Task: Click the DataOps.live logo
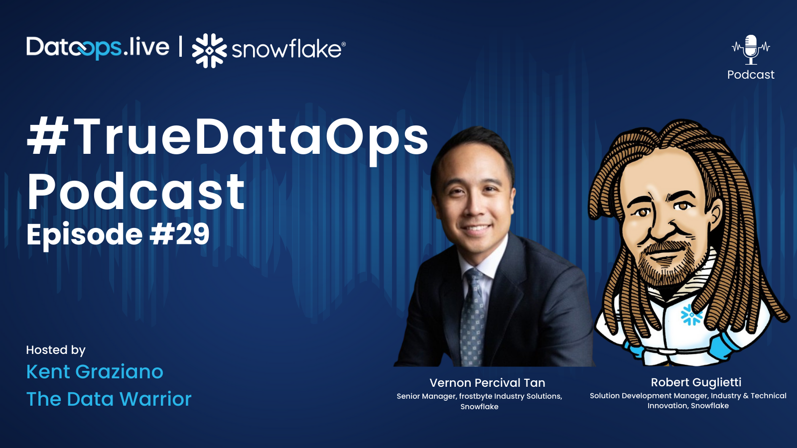98,48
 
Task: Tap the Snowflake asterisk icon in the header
209,50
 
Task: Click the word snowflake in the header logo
287,49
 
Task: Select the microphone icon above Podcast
751,49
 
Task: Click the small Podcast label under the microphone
751,75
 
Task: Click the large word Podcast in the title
136,192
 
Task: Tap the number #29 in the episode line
180,234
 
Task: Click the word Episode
84,235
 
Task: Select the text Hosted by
56,350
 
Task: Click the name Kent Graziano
95,372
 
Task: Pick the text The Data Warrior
109,399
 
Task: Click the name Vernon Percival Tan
487,383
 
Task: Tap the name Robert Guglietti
696,382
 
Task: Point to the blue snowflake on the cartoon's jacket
691,315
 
